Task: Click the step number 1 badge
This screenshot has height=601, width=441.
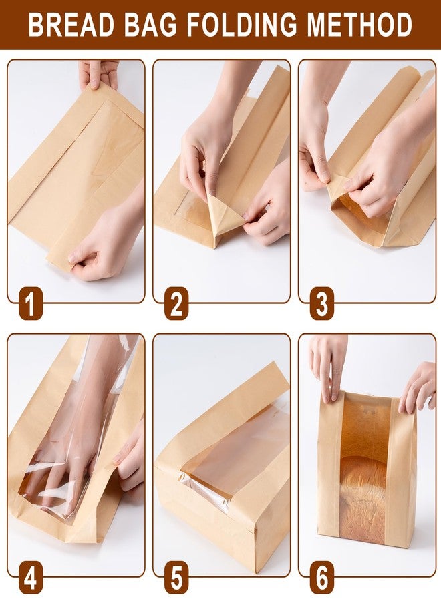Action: click(x=31, y=305)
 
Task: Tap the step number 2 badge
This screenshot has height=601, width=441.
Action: click(x=176, y=305)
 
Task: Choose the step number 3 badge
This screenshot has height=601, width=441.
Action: click(x=322, y=305)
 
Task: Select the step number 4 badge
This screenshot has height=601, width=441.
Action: click(x=31, y=578)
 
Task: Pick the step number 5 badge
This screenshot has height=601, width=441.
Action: click(x=176, y=578)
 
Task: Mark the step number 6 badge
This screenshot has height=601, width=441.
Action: click(x=322, y=578)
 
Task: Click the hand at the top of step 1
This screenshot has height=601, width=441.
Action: click(x=98, y=73)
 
